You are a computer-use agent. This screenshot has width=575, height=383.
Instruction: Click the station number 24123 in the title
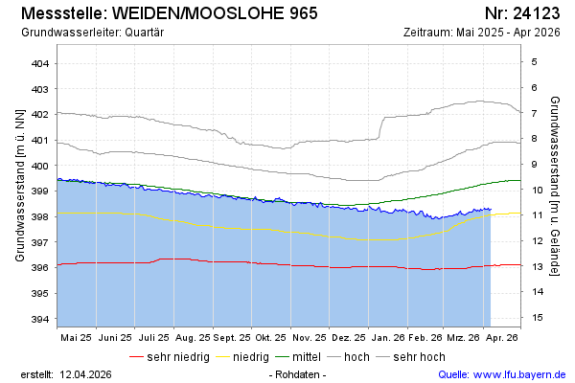(532, 13)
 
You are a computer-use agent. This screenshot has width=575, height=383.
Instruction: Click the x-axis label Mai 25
(76, 338)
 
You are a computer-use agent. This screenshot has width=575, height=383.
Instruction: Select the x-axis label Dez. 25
(348, 338)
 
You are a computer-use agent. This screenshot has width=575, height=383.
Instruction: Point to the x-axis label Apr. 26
(503, 338)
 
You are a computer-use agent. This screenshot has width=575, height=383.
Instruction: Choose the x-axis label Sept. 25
(231, 338)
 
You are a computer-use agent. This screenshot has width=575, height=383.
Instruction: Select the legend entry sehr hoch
(418, 357)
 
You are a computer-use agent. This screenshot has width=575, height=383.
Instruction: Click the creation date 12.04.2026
(85, 374)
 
